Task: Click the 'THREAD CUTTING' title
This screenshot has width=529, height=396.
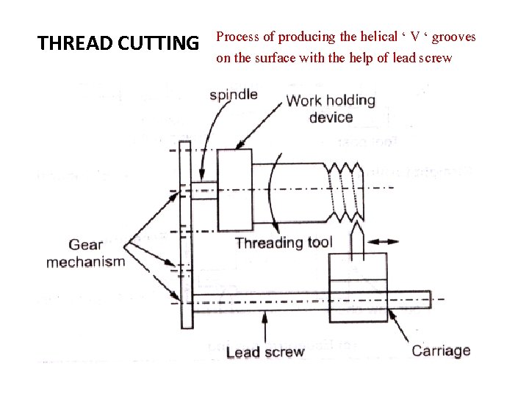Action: [118, 44]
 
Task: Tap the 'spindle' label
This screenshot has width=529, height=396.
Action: [233, 95]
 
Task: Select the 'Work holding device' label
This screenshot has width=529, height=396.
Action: [331, 109]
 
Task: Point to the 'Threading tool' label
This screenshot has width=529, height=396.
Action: [284, 243]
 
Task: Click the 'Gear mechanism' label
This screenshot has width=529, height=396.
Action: [85, 254]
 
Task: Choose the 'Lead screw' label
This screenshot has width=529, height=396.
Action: [264, 352]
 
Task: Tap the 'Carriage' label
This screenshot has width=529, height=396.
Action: [441, 351]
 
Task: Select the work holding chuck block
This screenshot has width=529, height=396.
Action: [234, 188]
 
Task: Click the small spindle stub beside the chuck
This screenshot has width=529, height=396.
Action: [204, 191]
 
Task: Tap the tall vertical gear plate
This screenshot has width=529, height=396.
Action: [186, 235]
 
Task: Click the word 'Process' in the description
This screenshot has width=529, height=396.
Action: [236, 37]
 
